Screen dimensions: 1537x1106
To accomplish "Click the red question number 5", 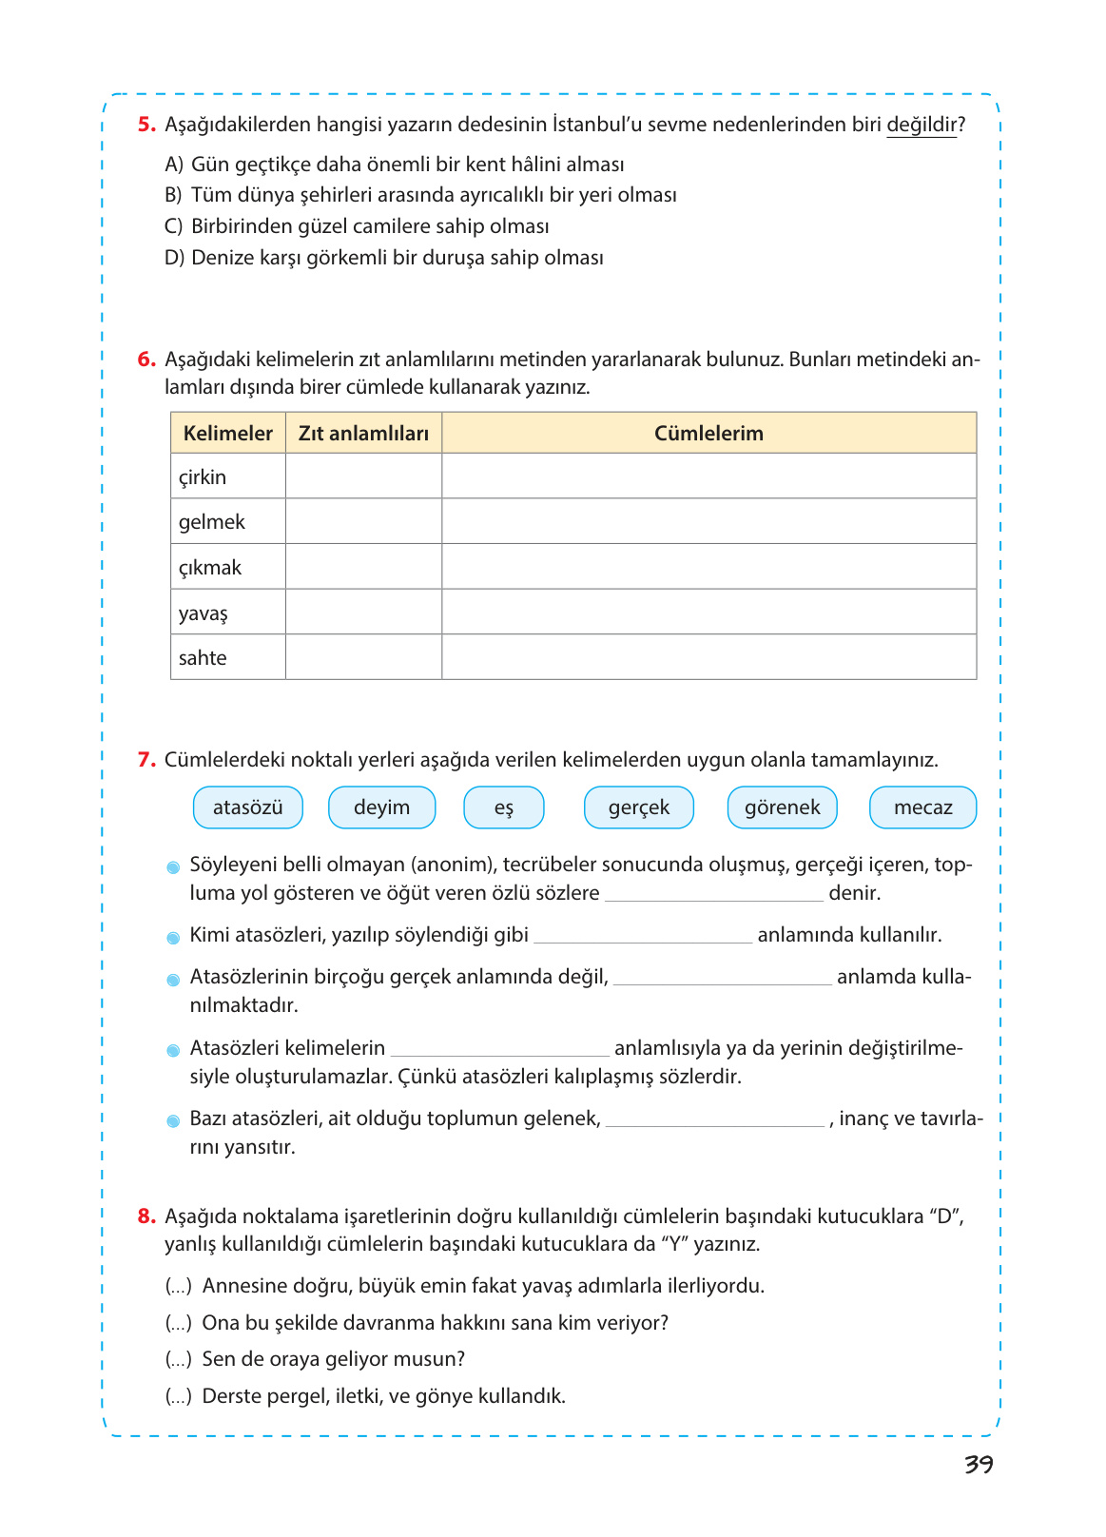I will pos(146,125).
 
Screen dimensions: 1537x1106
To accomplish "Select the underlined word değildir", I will pos(921,125).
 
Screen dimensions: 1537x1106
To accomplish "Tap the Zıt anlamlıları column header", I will pos(363,434).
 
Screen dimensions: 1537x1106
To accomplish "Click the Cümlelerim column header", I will pos(708,434).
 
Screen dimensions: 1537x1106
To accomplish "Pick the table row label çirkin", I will pos(203,477).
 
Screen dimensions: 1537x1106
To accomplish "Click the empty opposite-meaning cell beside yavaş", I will pos(363,613).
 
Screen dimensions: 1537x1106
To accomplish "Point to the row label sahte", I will pos(203,658).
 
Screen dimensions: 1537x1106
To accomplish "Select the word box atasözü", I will pos(248,807).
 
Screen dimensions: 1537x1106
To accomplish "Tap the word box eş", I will pos(503,807).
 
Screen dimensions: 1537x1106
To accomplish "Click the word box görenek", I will pos(782,807).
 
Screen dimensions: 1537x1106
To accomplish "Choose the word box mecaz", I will pos(922,807).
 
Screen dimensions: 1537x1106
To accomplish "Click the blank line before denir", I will pos(713,894).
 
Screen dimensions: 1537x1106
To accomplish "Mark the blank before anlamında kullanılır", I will pos(643,936).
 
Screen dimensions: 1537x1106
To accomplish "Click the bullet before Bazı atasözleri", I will pos(173,1121).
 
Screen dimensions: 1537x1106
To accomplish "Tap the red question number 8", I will pos(146,1216).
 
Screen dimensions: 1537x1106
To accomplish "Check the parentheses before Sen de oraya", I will pos(179,1360).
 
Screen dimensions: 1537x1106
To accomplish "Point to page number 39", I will pos(979,1465).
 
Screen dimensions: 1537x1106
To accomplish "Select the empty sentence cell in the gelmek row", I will pos(708,522).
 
